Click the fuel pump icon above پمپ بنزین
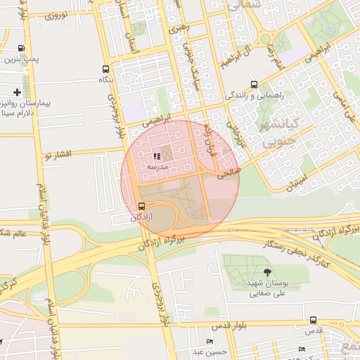[22, 49]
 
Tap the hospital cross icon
[17, 92]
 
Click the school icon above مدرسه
[156, 156]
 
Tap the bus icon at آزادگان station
[143, 207]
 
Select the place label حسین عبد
[208, 351]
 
